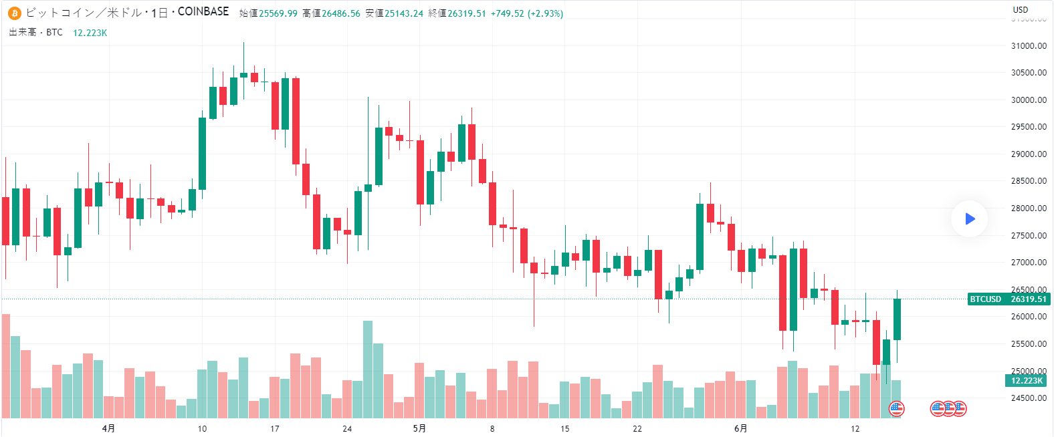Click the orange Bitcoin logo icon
tap(15, 13)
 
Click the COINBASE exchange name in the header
tap(203, 11)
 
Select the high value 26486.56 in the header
tap(341, 13)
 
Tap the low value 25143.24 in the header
tap(404, 13)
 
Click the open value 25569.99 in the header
tap(278, 13)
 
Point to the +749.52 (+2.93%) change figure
tap(527, 13)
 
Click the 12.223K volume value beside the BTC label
tap(90, 33)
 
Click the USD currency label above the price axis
tap(1021, 9)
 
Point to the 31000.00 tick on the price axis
tap(1029, 46)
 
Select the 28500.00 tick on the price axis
tap(1029, 181)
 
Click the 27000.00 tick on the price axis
tap(1029, 263)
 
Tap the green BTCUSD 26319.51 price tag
tap(1009, 299)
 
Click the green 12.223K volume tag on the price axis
tap(1027, 380)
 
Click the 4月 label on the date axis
tap(108, 428)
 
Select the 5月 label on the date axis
tap(419, 428)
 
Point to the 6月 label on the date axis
tap(740, 428)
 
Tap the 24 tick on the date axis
tap(347, 428)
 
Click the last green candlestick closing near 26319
tap(897, 319)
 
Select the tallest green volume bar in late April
tap(368, 369)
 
